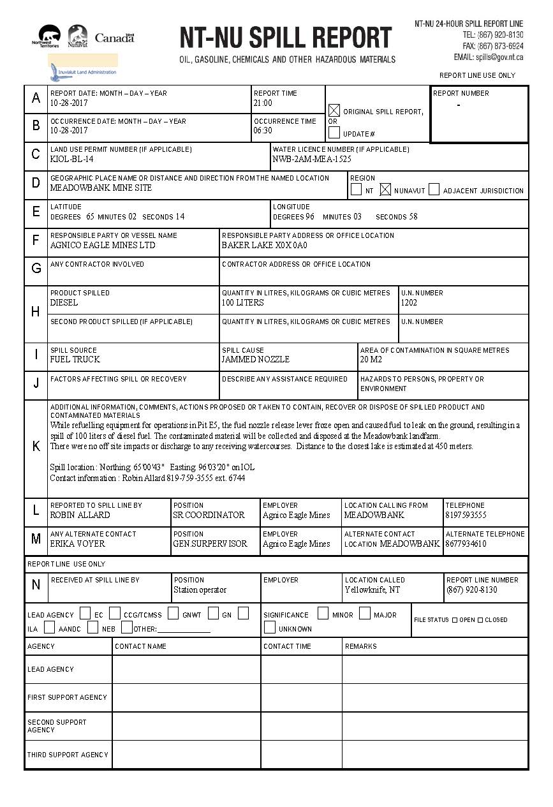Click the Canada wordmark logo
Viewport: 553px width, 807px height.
[115, 38]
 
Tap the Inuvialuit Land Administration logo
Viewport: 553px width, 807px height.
[82, 68]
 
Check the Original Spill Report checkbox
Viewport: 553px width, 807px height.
[334, 110]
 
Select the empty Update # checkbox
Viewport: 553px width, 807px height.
[334, 133]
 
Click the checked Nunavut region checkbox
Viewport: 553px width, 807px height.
[385, 189]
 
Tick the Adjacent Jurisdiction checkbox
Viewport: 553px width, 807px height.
[434, 189]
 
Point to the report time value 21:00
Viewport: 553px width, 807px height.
[263, 103]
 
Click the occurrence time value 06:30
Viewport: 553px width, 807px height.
[263, 131]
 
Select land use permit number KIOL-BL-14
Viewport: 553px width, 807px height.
[71, 159]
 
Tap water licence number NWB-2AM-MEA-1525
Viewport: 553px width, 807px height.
[311, 159]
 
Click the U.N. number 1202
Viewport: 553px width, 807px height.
[409, 303]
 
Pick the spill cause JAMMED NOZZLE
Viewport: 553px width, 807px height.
[255, 360]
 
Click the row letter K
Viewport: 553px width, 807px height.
[36, 447]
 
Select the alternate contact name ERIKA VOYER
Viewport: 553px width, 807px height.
[77, 544]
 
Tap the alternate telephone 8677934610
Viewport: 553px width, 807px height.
[466, 544]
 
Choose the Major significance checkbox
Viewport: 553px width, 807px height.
[364, 614]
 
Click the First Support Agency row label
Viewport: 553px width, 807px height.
[67, 697]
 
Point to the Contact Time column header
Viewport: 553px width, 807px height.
[287, 646]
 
